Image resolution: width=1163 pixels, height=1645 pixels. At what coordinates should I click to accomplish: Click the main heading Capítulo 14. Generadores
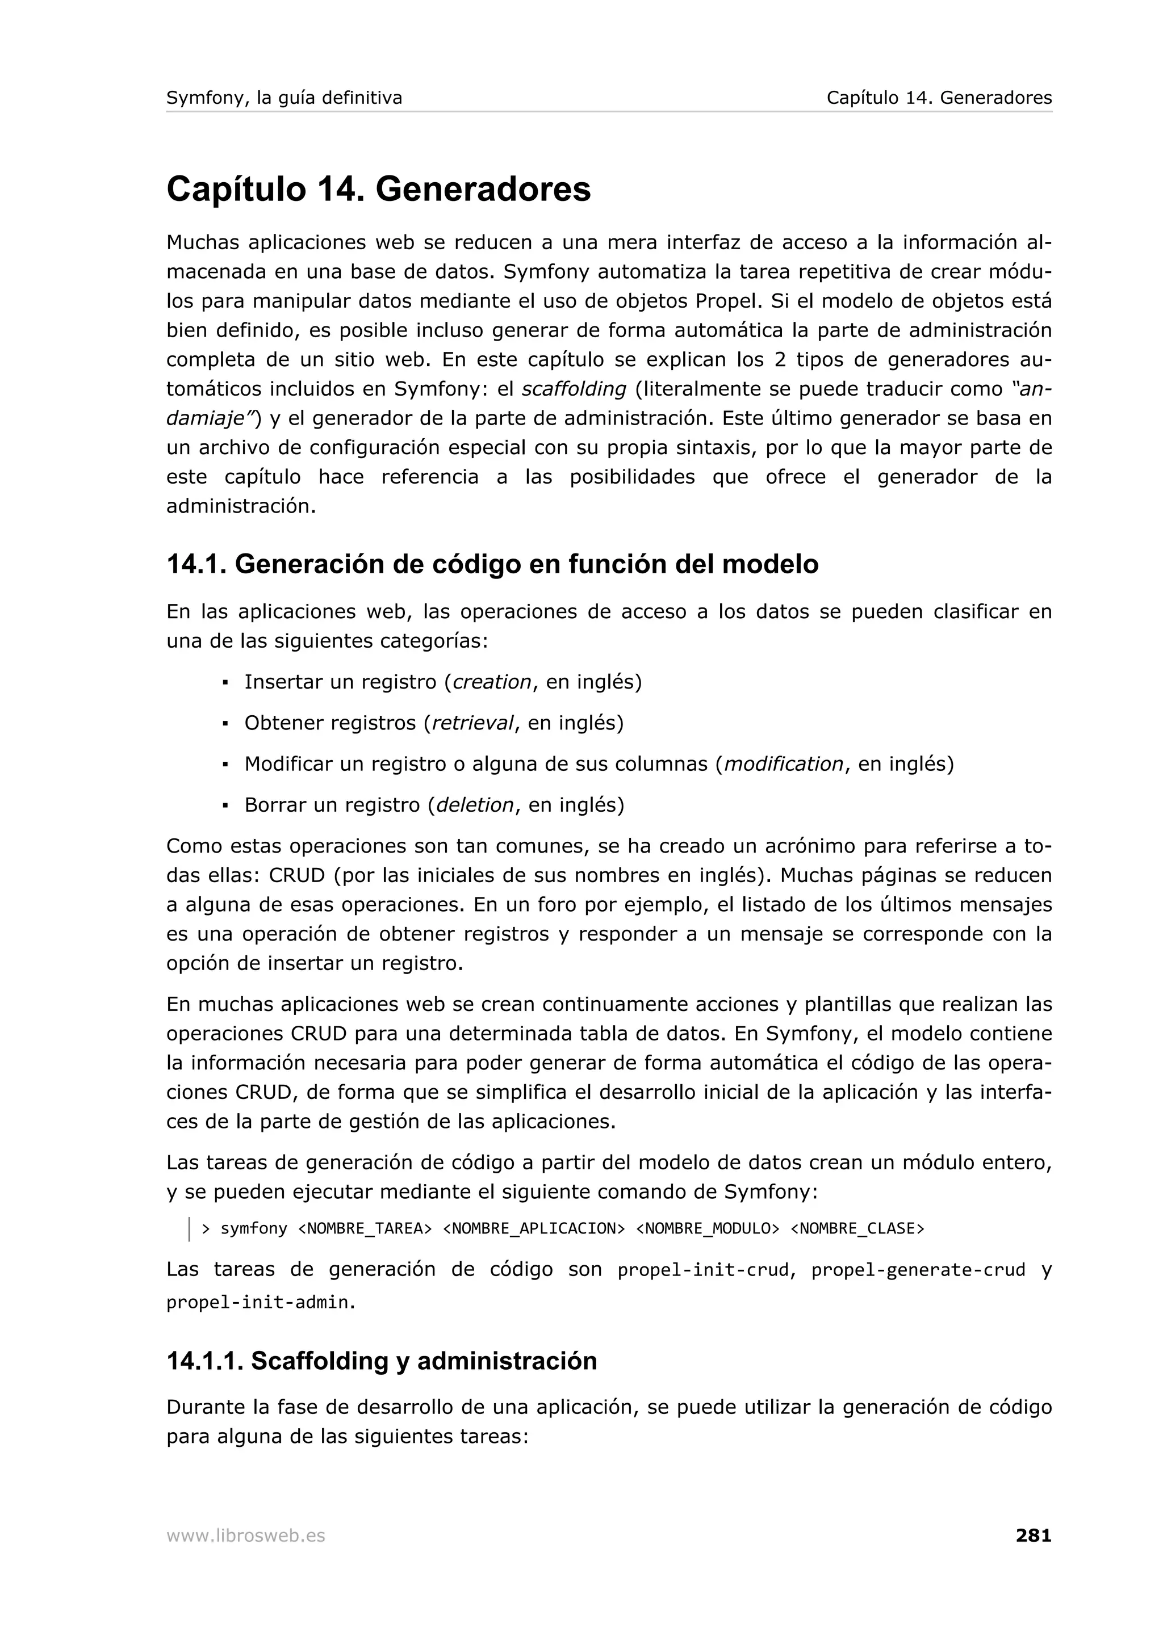pyautogui.click(x=378, y=189)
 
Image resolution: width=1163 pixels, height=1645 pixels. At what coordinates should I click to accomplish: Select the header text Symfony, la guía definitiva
pyautogui.click(x=284, y=98)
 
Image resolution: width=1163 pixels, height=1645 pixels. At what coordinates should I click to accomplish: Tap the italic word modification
pyautogui.click(x=783, y=764)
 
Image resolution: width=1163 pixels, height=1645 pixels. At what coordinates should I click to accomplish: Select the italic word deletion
pyautogui.click(x=474, y=805)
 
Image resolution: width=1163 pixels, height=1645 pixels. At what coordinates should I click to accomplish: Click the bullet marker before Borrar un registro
pyautogui.click(x=225, y=806)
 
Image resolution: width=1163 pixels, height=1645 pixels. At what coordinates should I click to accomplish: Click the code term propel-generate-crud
pyautogui.click(x=918, y=1270)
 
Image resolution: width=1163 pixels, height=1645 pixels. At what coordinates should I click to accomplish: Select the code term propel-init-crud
pyautogui.click(x=702, y=1270)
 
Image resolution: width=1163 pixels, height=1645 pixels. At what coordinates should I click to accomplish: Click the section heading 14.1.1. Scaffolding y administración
pyautogui.click(x=381, y=1361)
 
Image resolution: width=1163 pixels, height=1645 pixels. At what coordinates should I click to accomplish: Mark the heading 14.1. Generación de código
pyautogui.click(x=492, y=565)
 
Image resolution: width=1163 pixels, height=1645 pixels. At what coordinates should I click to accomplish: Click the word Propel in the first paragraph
pyautogui.click(x=726, y=301)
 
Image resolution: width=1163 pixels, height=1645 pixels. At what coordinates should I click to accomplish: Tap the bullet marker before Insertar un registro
pyautogui.click(x=225, y=683)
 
